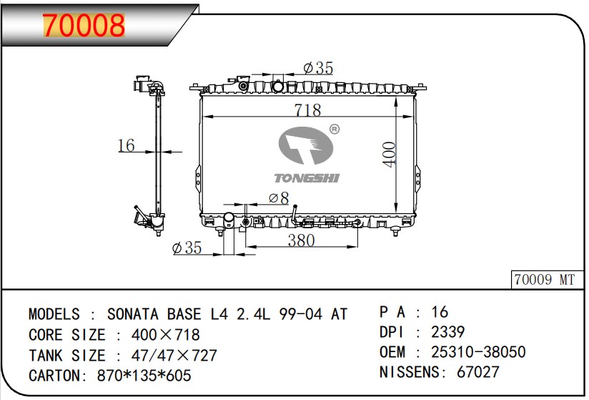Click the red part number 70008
coord(84,25)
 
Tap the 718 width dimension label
coord(307,110)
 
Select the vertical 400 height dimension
coord(389,154)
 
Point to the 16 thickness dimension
coord(126,145)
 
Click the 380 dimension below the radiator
coord(301,240)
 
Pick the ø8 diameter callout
coord(279,197)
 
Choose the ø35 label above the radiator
coord(318,68)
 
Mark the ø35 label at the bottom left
coord(187,248)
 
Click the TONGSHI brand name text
coord(307,178)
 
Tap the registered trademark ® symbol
coord(335,130)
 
